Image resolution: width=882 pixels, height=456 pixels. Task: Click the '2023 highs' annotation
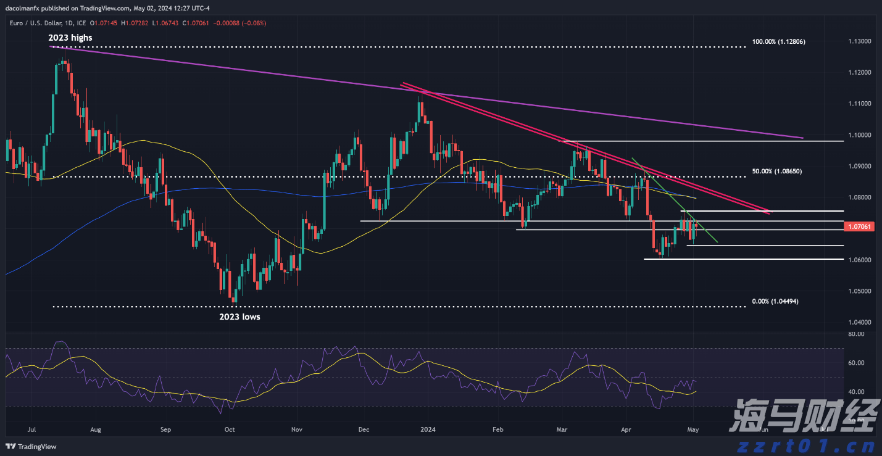pyautogui.click(x=70, y=38)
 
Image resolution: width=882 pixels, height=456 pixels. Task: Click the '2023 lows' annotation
pyautogui.click(x=239, y=317)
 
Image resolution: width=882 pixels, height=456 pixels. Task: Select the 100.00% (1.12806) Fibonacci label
pyautogui.click(x=778, y=41)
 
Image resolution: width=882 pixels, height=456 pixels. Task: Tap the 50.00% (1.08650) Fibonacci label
pyautogui.click(x=776, y=170)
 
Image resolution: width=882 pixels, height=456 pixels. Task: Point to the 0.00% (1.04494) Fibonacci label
pyautogui.click(x=775, y=301)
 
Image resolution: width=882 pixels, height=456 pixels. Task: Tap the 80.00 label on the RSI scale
pyautogui.click(x=855, y=334)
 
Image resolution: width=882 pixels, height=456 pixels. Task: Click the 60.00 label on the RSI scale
pyautogui.click(x=855, y=363)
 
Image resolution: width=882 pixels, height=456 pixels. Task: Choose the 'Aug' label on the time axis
pyautogui.click(x=95, y=428)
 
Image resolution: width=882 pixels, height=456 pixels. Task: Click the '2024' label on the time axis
pyautogui.click(x=428, y=428)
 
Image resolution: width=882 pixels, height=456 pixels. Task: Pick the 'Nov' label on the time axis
pyautogui.click(x=296, y=428)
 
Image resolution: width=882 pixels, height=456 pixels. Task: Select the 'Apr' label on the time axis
pyautogui.click(x=626, y=428)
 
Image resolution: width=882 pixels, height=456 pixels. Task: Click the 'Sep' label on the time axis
pyautogui.click(x=165, y=428)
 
